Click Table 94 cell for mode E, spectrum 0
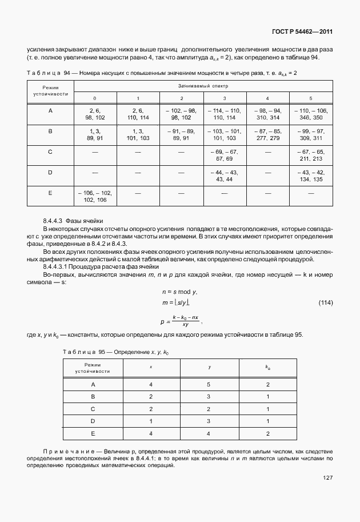[95, 197]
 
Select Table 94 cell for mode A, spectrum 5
[311, 113]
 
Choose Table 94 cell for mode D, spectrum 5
[311, 176]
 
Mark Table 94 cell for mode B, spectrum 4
[267, 134]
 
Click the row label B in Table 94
[50, 131]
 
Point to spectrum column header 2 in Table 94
[181, 98]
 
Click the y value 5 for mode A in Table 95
[209, 384]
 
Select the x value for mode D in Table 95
[151, 421]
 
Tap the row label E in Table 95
[92, 433]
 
